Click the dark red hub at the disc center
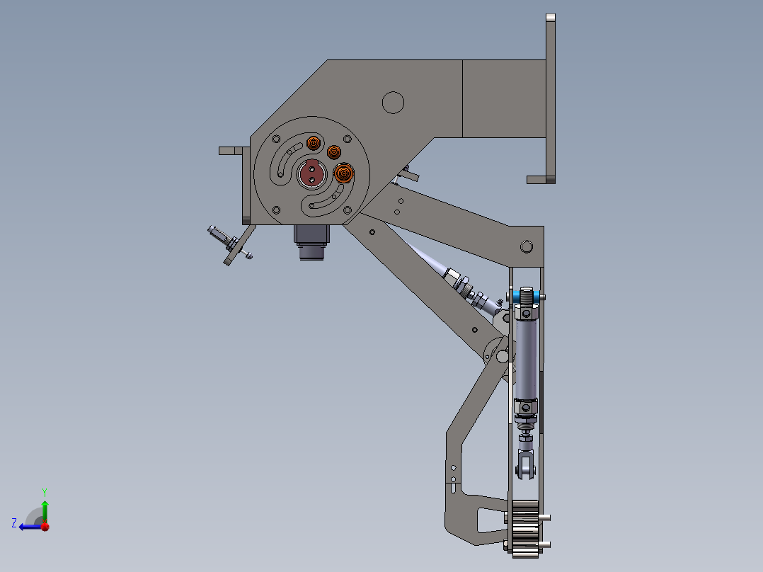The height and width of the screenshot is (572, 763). point(311,172)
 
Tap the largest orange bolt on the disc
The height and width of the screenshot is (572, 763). point(343,173)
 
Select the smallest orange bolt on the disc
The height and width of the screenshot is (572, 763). point(333,151)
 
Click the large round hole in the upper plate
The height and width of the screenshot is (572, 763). point(393,102)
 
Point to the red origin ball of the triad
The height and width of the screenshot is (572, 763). point(45,526)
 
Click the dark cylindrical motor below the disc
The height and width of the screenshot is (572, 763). point(312,241)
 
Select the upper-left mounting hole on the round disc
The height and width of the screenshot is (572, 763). point(276,139)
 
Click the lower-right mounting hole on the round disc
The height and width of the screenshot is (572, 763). point(347,210)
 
